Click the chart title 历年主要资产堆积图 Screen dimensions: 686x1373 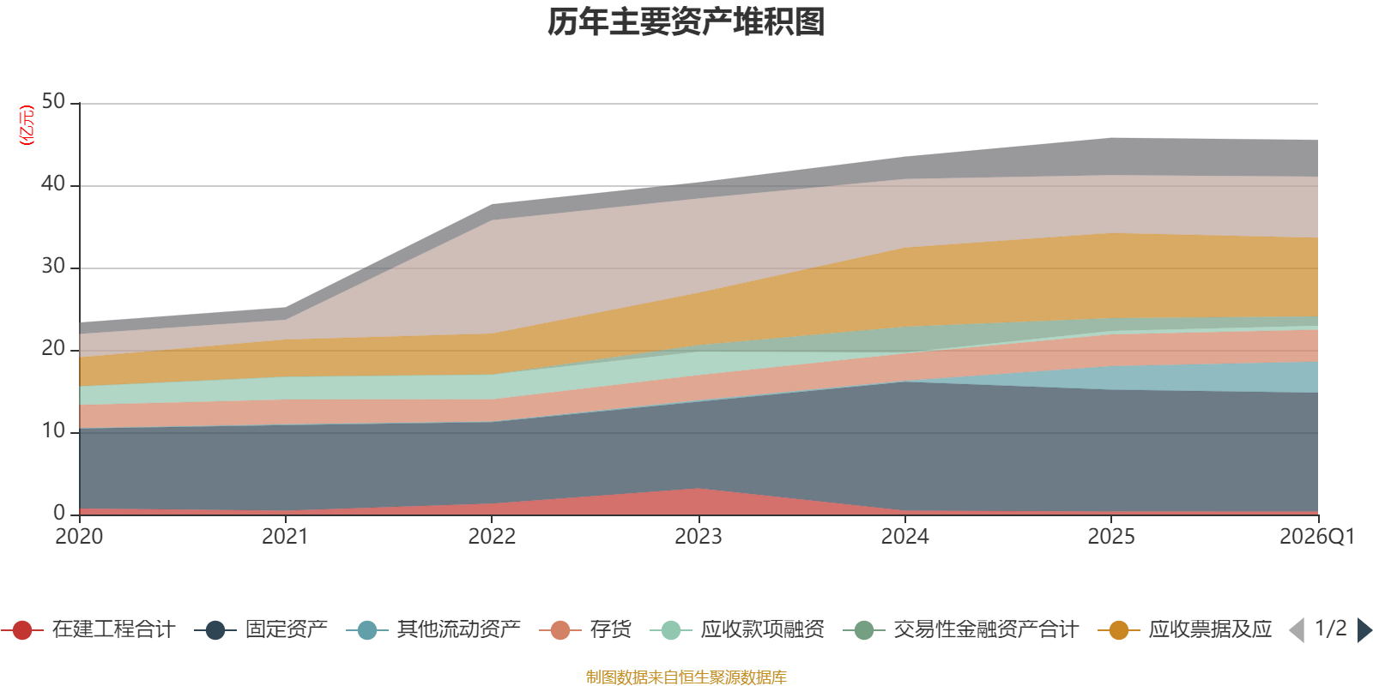pos(686,22)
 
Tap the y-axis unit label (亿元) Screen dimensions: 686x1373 pos(27,125)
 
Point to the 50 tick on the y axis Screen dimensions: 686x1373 pos(53,102)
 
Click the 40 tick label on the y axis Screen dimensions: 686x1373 pos(53,184)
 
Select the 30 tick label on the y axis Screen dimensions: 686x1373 pos(53,267)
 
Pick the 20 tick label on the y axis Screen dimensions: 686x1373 pos(53,349)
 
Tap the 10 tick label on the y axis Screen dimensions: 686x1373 pos(53,431)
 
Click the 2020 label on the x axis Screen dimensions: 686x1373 pos(79,537)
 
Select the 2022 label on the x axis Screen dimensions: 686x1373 pos(492,537)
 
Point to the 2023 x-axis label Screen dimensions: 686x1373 pos(698,537)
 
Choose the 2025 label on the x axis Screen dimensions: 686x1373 pos(1111,537)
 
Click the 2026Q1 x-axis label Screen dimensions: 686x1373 pos(1316,537)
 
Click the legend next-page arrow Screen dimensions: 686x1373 pos(1364,630)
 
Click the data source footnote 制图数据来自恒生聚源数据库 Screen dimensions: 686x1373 pos(686,677)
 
